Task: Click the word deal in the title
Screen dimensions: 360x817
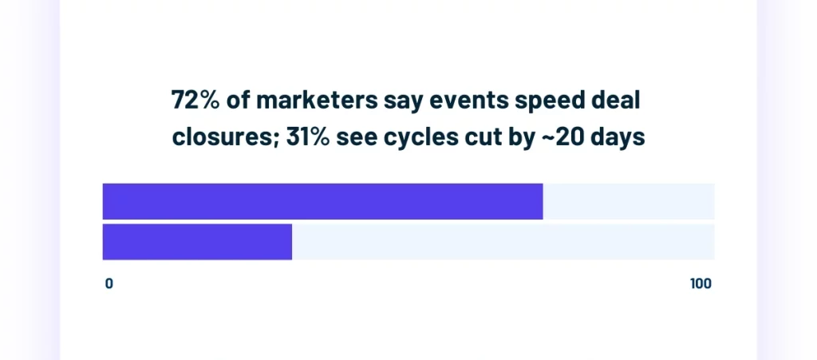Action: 618,101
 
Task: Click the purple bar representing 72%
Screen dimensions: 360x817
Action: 322,201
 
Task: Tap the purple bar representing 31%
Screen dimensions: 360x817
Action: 197,242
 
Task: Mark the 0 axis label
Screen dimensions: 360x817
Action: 109,284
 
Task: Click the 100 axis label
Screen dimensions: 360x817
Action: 701,284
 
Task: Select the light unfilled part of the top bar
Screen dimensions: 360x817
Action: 629,201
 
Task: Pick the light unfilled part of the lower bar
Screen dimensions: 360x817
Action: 503,242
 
